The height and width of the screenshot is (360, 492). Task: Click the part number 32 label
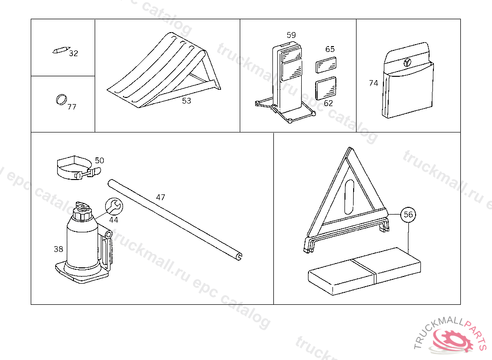tap(74, 53)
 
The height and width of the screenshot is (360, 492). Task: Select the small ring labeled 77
tap(61, 99)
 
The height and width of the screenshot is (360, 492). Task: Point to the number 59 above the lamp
tap(291, 35)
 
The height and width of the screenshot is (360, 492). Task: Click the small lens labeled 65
tap(326, 65)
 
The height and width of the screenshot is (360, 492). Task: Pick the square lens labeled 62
tap(326, 88)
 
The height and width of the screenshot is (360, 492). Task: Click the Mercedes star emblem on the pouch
tap(407, 62)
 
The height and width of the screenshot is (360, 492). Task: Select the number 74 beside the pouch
tap(373, 83)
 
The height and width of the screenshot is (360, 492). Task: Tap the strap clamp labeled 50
tap(78, 168)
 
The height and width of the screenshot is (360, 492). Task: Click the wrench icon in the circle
tap(114, 206)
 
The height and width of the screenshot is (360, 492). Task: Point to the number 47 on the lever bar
tap(160, 197)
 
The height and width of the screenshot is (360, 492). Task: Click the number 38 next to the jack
tap(58, 249)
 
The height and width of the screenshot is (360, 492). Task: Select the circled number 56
tap(408, 215)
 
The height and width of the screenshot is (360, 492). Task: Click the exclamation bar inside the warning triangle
tap(349, 197)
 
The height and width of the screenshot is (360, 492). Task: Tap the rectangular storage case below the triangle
tap(364, 271)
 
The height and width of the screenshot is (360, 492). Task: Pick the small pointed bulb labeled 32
tap(61, 50)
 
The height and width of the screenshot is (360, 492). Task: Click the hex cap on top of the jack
tap(82, 214)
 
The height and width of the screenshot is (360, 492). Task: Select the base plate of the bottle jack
tap(82, 272)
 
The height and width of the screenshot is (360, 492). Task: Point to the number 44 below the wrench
tap(113, 220)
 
